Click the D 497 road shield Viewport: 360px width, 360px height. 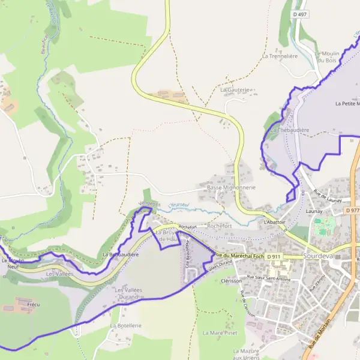(301, 14)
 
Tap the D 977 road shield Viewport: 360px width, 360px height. (352, 211)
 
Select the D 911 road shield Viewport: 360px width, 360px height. (274, 257)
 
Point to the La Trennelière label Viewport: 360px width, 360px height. (280, 56)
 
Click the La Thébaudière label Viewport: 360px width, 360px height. (289, 130)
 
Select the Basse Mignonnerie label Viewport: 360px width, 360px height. (231, 187)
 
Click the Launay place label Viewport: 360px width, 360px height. (314, 211)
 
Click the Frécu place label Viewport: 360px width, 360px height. (34, 305)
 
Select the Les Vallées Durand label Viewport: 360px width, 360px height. (128, 293)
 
